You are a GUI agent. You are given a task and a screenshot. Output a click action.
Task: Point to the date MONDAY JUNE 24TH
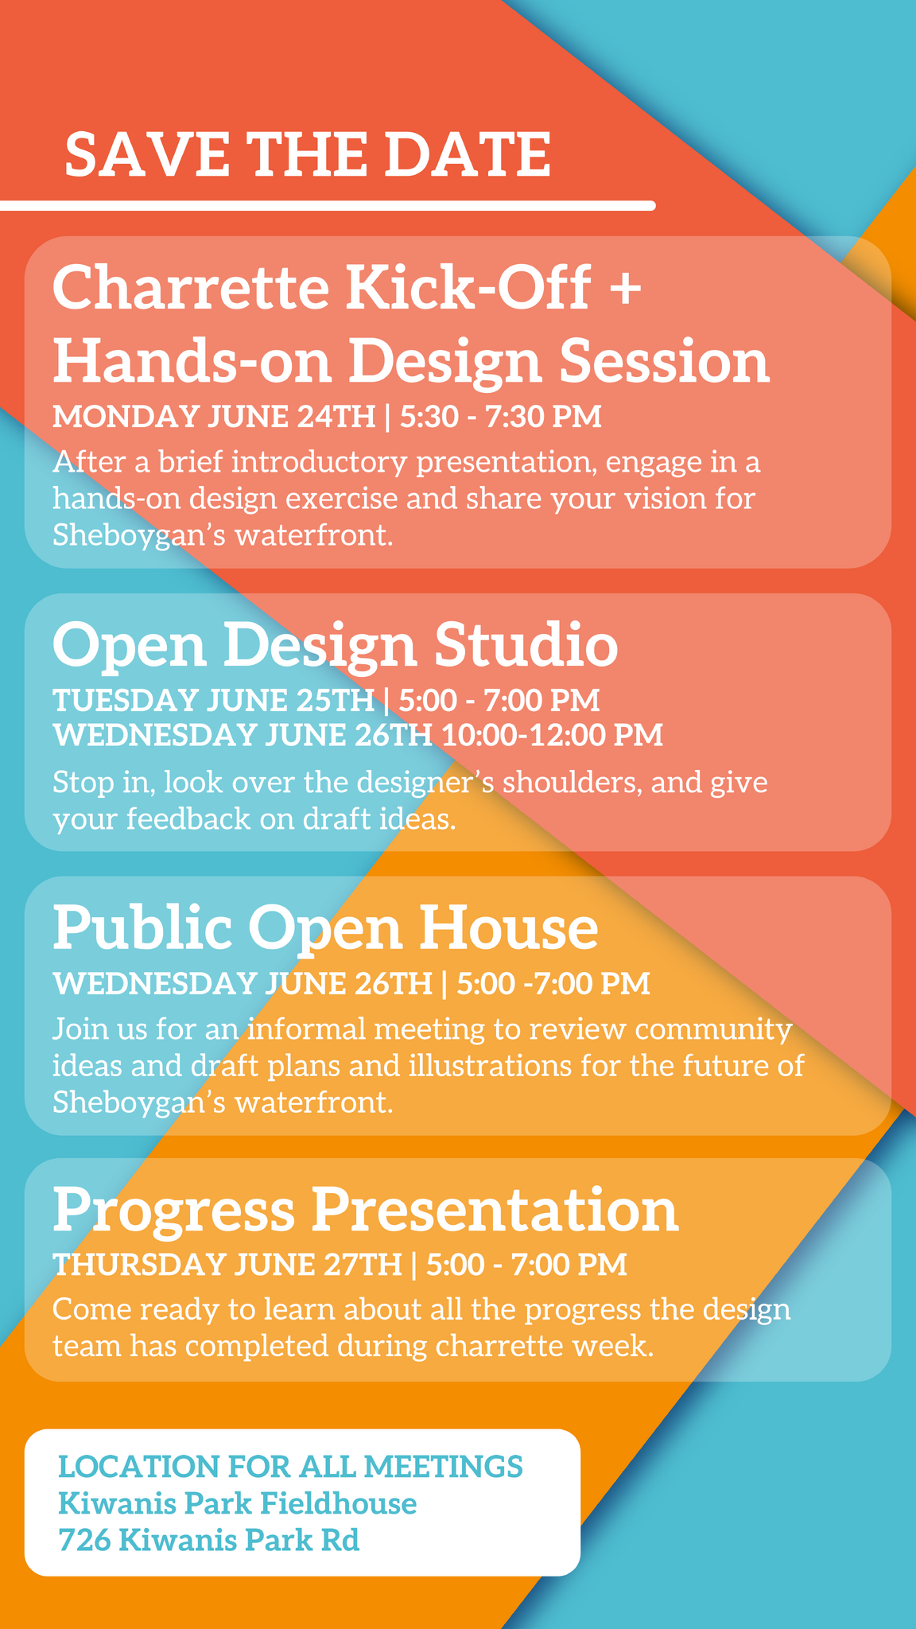pos(213,417)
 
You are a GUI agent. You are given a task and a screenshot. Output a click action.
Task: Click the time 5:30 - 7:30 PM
pos(500,417)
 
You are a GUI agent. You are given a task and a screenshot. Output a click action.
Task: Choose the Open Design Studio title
pos(335,644)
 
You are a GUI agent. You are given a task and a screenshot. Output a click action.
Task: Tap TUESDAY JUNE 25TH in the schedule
pos(213,700)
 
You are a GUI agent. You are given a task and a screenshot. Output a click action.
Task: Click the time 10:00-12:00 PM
pos(552,735)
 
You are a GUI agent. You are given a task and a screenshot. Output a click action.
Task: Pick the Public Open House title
pos(325,927)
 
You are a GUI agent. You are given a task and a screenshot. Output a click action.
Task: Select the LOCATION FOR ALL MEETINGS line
pos(291,1466)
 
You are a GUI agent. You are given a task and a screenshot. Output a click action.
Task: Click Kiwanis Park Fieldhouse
pos(238,1503)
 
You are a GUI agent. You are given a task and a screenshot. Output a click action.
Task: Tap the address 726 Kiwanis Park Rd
pos(209,1541)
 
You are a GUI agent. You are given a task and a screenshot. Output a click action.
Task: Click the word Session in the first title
pos(664,360)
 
